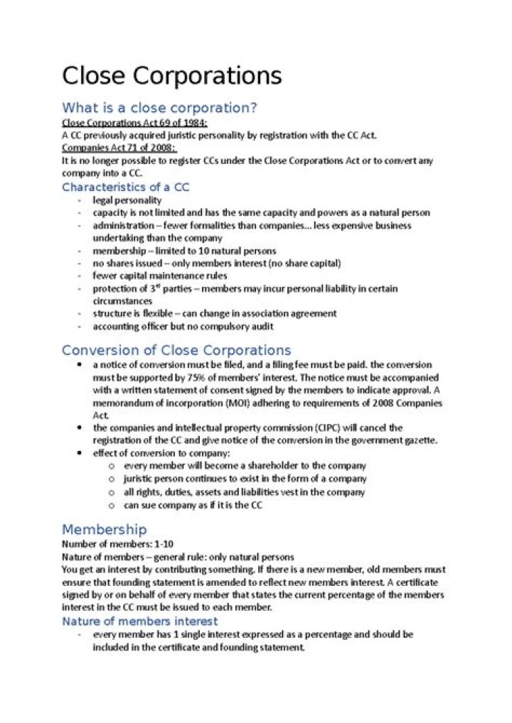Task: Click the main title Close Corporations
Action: click(171, 75)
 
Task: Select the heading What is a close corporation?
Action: click(159, 108)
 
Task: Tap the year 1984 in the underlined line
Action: click(186, 123)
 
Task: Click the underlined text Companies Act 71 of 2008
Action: click(119, 148)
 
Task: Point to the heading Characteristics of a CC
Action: click(125, 187)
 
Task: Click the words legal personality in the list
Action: click(127, 200)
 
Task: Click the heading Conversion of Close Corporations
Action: click(176, 350)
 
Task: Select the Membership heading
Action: click(104, 530)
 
